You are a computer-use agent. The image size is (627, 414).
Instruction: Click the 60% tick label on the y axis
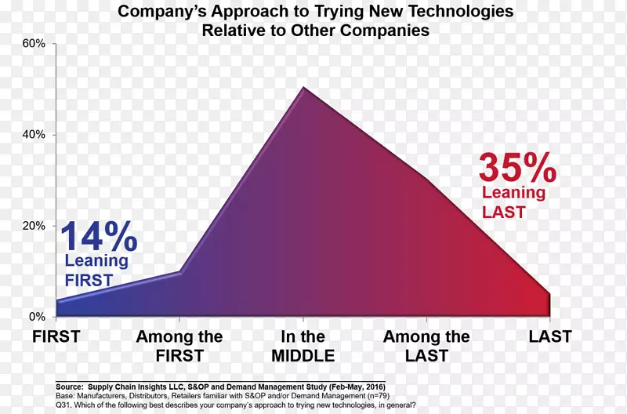(34, 44)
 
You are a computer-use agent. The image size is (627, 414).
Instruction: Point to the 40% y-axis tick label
(34, 135)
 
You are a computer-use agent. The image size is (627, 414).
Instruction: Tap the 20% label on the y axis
(34, 226)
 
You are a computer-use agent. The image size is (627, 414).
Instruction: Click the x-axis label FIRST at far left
(56, 338)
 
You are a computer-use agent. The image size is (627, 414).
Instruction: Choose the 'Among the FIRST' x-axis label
(179, 347)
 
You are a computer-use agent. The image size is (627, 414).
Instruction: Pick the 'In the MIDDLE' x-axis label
(303, 347)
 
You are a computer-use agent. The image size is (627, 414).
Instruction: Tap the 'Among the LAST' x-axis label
(426, 347)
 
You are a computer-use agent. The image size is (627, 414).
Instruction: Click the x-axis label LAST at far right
(549, 338)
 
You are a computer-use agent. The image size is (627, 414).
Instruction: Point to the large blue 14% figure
(98, 237)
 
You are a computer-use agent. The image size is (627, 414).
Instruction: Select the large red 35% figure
(517, 169)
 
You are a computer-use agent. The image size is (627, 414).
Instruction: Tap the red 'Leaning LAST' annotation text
(513, 202)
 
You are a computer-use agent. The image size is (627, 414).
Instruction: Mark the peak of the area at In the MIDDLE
(303, 88)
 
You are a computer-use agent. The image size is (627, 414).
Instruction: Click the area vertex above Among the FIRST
(180, 272)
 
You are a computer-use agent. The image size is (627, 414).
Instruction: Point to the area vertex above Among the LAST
(426, 179)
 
